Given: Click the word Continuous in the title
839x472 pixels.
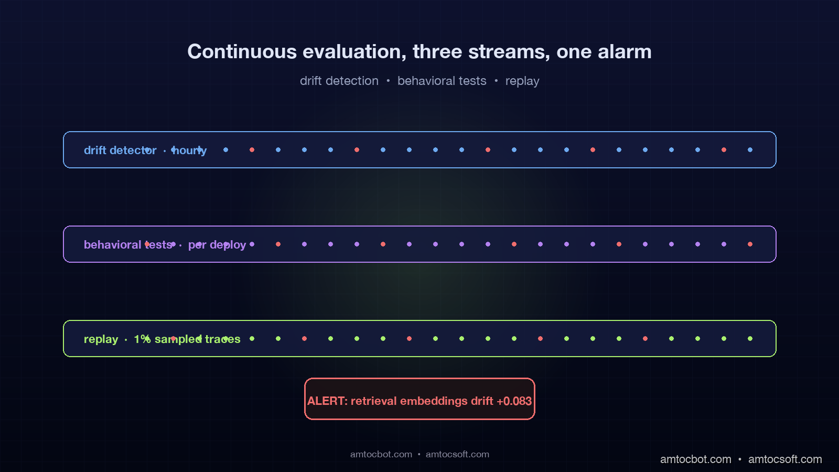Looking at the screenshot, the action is pos(242,51).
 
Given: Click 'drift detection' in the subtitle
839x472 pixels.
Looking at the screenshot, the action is pos(339,81).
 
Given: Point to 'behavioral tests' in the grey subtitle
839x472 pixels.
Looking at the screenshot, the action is pos(442,81).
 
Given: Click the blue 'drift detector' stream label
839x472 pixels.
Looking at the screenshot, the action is pos(120,150).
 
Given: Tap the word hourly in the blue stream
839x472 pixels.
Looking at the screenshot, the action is pos(189,151).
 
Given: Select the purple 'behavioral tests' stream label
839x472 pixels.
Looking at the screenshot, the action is pos(128,244).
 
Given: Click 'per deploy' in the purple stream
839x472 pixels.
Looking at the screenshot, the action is pos(217,245).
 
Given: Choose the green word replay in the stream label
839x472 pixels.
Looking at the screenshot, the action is pos(101,339).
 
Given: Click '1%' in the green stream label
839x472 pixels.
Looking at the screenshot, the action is pos(142,339).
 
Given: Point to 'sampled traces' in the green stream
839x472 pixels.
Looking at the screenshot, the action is pos(197,339).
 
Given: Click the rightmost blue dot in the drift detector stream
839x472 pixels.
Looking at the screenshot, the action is pos(750,150).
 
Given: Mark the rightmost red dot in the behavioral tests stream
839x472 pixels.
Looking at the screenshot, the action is pos(750,244).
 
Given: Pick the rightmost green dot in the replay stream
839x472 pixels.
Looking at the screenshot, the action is pos(750,339).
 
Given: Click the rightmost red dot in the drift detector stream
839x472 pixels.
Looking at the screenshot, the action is pos(724,150).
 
